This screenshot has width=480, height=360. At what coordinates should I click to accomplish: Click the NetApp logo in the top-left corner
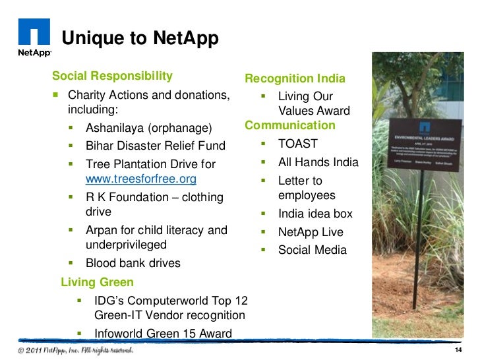tap(34, 38)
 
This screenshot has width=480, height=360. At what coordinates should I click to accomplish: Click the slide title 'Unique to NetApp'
tap(140, 39)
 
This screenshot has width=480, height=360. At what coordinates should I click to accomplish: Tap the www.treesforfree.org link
tap(141, 179)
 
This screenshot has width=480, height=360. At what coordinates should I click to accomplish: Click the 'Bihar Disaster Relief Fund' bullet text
tap(156, 145)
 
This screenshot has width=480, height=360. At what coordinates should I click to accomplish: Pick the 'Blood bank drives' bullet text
tap(133, 264)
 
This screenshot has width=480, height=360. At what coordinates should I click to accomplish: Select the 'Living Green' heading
tap(97, 282)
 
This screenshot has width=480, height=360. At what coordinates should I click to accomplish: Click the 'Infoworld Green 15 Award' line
tap(164, 333)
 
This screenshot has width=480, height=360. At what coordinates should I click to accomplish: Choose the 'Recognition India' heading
tap(295, 78)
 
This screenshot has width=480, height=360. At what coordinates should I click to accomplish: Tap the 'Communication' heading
tap(290, 125)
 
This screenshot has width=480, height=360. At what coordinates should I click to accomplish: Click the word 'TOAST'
tap(298, 144)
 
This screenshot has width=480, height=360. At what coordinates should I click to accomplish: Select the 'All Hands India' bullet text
tap(318, 162)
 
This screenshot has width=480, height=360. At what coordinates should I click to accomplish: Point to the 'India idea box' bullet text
tap(315, 214)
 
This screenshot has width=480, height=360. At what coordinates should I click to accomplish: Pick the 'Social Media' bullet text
tap(312, 251)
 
